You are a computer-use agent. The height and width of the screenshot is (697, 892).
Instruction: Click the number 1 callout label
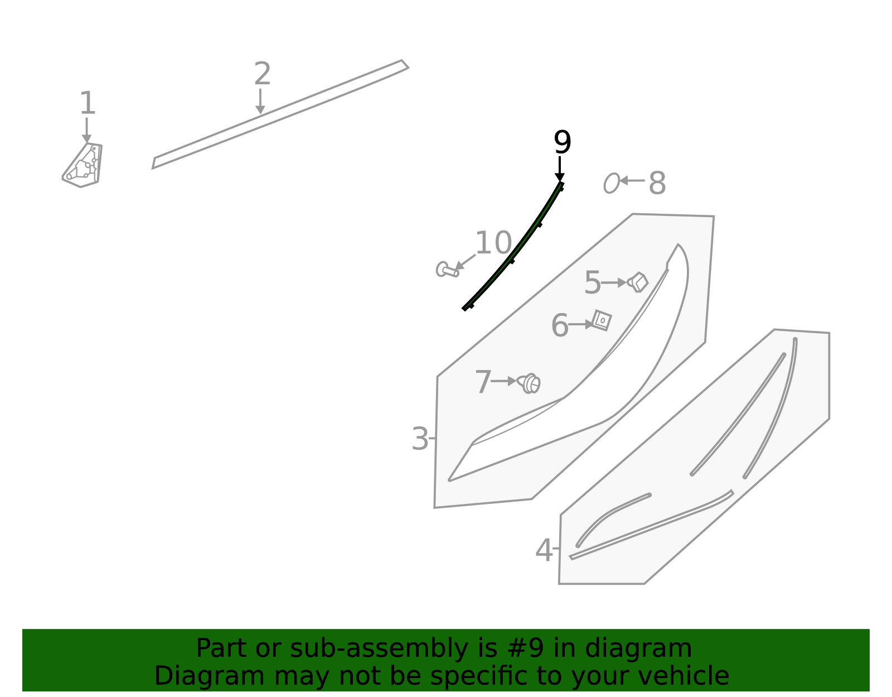point(88,103)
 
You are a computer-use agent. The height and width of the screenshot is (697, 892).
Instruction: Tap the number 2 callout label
point(263,73)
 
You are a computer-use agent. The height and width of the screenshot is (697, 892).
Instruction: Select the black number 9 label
point(562,142)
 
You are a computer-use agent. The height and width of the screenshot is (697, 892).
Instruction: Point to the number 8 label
point(657,183)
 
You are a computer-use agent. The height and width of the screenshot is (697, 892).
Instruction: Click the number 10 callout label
point(493,243)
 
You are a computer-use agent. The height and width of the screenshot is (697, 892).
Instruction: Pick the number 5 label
point(592,282)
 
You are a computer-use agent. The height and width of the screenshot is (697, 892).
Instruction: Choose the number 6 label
point(560,325)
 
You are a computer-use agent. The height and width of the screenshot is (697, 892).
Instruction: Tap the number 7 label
point(483,382)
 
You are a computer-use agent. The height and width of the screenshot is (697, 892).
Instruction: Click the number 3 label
point(420,439)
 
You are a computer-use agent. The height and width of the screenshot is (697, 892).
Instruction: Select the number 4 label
point(544,550)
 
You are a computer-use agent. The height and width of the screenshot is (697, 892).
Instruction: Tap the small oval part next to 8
point(611,183)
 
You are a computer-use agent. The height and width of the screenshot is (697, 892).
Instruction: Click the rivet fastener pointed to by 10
point(447,270)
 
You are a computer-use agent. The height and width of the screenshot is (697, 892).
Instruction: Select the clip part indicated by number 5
point(638,282)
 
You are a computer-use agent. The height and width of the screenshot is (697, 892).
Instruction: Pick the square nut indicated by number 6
point(602,320)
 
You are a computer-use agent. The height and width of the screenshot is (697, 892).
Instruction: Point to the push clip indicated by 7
point(529,383)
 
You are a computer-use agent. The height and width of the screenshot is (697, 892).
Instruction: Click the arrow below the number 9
point(560,169)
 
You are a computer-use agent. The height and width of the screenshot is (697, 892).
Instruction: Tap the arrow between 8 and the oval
point(632,180)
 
